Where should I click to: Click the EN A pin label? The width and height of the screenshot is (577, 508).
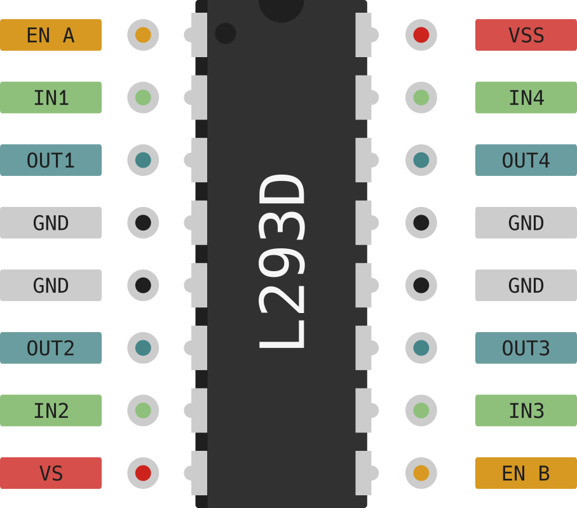(51, 35)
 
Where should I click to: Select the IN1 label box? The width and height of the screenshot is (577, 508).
(51, 97)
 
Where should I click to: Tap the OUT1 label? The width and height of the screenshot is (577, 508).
(51, 160)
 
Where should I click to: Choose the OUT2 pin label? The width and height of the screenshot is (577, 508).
(51, 348)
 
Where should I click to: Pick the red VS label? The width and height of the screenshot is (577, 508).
(51, 473)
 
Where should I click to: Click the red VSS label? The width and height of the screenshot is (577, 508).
(526, 35)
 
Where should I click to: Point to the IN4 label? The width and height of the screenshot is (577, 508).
(526, 97)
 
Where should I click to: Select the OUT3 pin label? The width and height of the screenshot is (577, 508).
(526, 348)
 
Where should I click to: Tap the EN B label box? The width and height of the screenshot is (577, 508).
(526, 473)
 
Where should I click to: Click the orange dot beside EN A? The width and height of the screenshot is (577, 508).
(143, 35)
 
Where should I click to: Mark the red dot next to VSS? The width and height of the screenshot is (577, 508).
(421, 35)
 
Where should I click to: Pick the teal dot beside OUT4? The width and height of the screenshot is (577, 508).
(421, 160)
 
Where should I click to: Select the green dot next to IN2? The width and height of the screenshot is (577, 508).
(143, 410)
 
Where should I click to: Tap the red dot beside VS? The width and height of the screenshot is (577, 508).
(143, 473)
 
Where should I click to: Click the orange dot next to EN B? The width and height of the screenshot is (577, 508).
(421, 473)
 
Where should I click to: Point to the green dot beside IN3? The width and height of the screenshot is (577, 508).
(421, 410)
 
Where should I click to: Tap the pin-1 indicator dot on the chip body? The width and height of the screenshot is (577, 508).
(226, 33)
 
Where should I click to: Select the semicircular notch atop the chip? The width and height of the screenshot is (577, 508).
(282, 9)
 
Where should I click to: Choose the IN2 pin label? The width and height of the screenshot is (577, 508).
(51, 410)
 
